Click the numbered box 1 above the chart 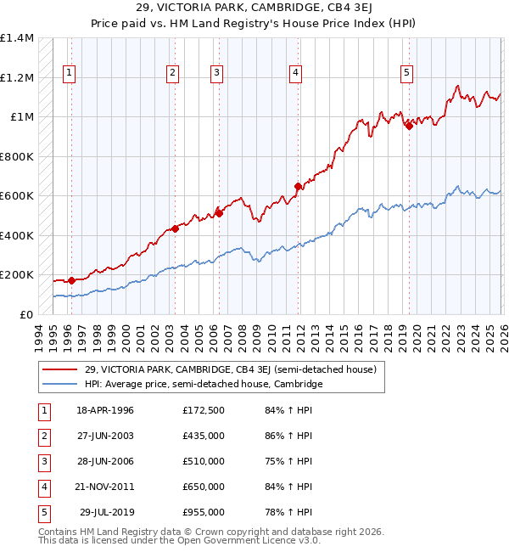(69, 74)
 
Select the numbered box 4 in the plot (295, 74)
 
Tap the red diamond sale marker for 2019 (408, 126)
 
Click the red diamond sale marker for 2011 (298, 186)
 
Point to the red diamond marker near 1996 (71, 280)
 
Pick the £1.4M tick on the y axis (17, 38)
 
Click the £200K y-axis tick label (17, 275)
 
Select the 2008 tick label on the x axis (243, 336)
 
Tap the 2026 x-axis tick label (501, 336)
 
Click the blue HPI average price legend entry (203, 384)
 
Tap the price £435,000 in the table (203, 436)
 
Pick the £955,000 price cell (203, 512)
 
